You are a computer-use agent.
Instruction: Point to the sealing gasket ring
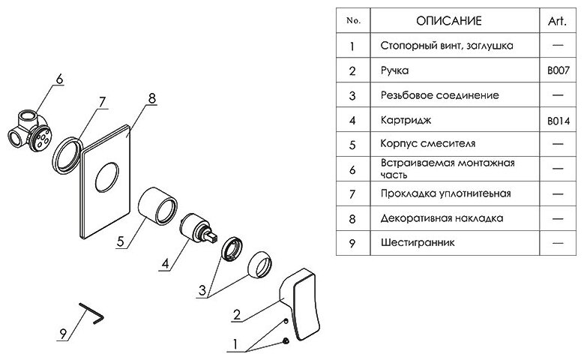point(67,153)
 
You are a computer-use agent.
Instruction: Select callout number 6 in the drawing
point(60,77)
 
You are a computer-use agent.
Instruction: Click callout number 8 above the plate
point(152,98)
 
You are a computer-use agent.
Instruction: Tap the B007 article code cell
point(557,70)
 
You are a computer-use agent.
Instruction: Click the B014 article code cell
point(557,120)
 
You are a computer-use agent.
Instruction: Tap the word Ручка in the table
point(394,70)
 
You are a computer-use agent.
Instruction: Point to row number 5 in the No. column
point(351,144)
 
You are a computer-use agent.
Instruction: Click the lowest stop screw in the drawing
point(287,342)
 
